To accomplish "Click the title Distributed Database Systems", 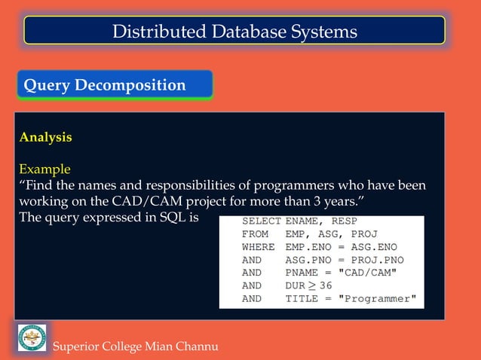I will [234, 31].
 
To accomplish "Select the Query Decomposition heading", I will [105, 85].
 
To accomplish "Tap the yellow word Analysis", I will [45, 137].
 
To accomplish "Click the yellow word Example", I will [44, 169].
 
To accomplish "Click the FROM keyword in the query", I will [255, 234].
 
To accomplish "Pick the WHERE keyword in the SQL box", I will [258, 247].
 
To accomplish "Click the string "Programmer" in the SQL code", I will [377, 298].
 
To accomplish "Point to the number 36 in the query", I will [326, 285].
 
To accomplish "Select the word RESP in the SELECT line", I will [343, 221].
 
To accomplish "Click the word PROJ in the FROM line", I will [353, 234].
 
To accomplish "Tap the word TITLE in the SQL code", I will [301, 298].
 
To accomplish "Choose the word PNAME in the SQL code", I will [301, 273].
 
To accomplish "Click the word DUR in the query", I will [295, 285].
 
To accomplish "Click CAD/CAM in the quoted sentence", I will [140, 202].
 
